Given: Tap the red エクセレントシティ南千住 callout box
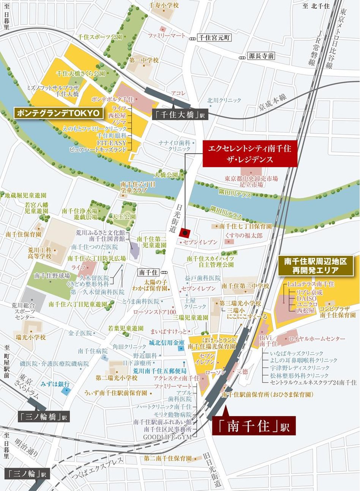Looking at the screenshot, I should (249, 154).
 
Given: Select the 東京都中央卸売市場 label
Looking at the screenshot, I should (251, 179).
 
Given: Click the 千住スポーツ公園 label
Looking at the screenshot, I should (100, 37).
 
